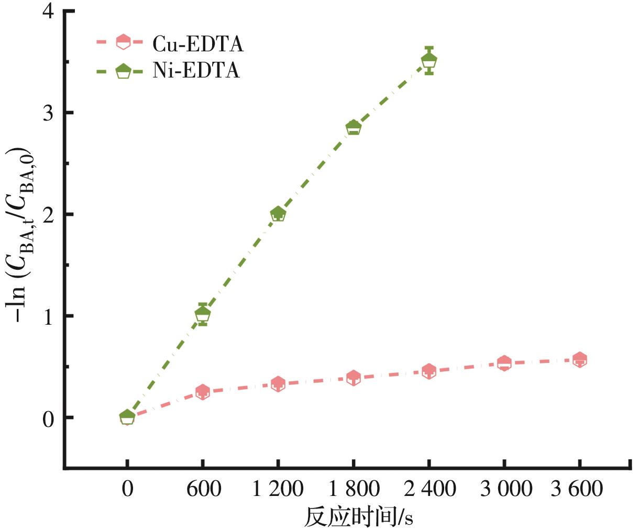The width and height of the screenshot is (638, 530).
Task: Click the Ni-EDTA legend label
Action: point(196,70)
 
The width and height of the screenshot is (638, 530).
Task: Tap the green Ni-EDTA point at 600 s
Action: point(203,314)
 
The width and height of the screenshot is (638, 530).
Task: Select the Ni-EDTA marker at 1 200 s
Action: point(278,214)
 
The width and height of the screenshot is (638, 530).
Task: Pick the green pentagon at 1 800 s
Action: point(354,127)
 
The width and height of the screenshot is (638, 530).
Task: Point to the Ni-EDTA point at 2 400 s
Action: point(429,61)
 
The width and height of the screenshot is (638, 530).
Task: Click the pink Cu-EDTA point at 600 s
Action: point(203,392)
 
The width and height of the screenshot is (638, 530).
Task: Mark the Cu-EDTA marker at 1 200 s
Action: point(278,384)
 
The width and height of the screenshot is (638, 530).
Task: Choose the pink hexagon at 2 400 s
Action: point(429,371)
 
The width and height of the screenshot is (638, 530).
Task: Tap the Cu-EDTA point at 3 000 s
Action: point(504,363)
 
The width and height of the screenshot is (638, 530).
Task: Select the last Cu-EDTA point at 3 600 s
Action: point(579,360)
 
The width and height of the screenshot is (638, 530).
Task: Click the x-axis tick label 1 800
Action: point(354,490)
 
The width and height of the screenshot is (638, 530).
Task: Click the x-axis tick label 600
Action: point(203,490)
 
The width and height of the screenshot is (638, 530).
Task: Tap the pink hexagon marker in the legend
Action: point(123,42)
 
